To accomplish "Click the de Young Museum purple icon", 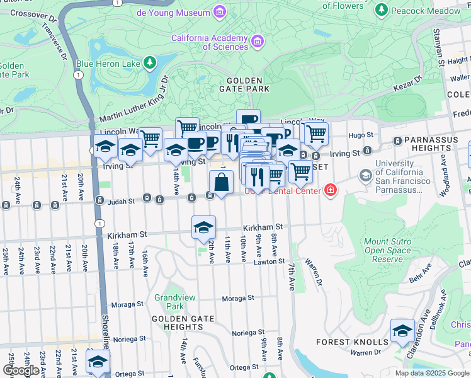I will [219, 12].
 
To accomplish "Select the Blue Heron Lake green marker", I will [149, 62].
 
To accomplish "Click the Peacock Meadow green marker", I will [381, 10].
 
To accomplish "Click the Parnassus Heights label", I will [435, 144].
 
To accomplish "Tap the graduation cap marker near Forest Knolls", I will [402, 331].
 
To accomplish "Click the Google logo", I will [21, 370].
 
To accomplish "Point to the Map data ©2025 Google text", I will [432, 373].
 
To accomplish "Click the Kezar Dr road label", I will [410, 81].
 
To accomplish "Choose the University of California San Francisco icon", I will [364, 175].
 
